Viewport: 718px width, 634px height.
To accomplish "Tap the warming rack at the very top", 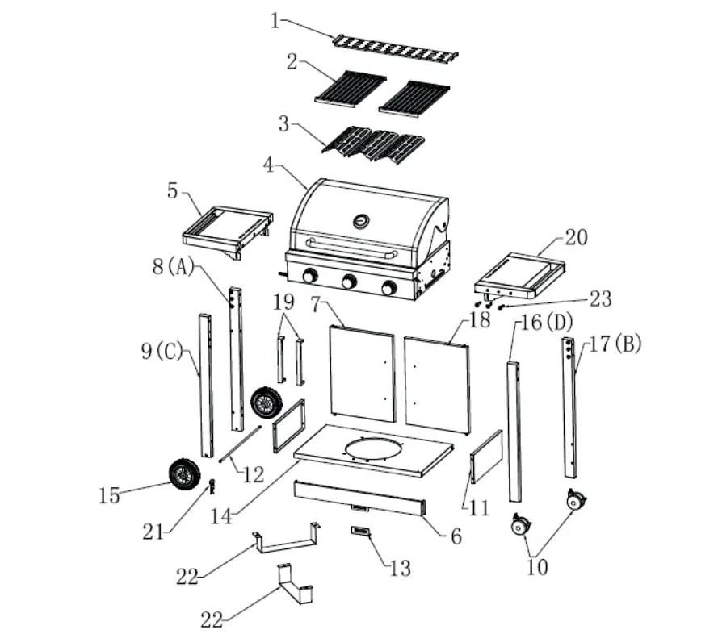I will click(x=396, y=49).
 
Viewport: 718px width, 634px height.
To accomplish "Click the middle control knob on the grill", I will click(x=349, y=282).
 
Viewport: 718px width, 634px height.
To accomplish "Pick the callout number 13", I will click(x=400, y=567).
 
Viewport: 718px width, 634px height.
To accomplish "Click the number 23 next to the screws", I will click(x=600, y=299).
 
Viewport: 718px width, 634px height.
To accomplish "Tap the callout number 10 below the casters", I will click(x=537, y=566).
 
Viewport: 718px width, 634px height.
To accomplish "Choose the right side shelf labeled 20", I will click(x=519, y=275).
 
